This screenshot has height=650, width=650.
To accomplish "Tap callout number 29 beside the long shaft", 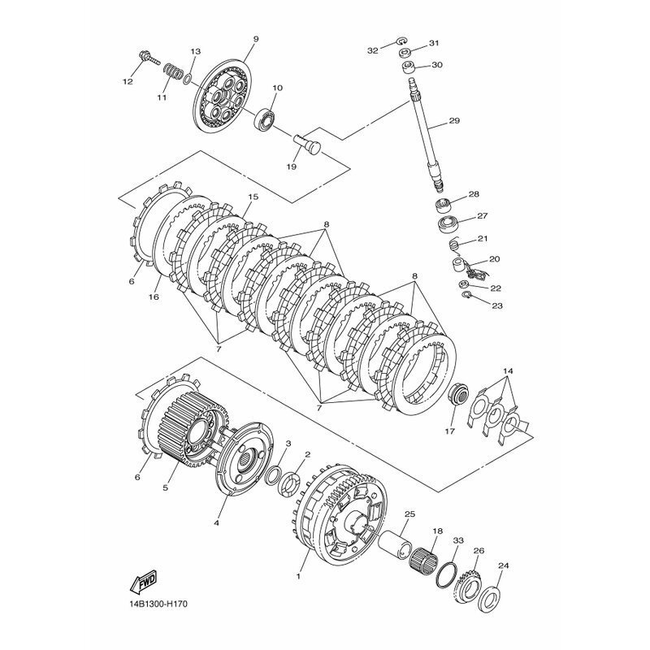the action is coord(454,121).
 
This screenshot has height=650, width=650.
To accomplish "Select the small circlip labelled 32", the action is coord(401,40).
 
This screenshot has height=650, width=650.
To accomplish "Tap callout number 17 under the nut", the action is coord(450,431).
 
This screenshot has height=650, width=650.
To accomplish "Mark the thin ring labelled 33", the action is coord(446,574).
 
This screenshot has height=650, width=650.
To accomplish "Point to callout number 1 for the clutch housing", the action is coord(298,576).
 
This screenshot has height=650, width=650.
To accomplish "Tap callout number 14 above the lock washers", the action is coord(508,371).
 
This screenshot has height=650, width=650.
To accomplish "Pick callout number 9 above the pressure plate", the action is coord(256,39).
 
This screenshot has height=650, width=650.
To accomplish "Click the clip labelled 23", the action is coord(466,295).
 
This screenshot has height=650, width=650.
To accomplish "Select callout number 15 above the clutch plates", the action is coord(253,197).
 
